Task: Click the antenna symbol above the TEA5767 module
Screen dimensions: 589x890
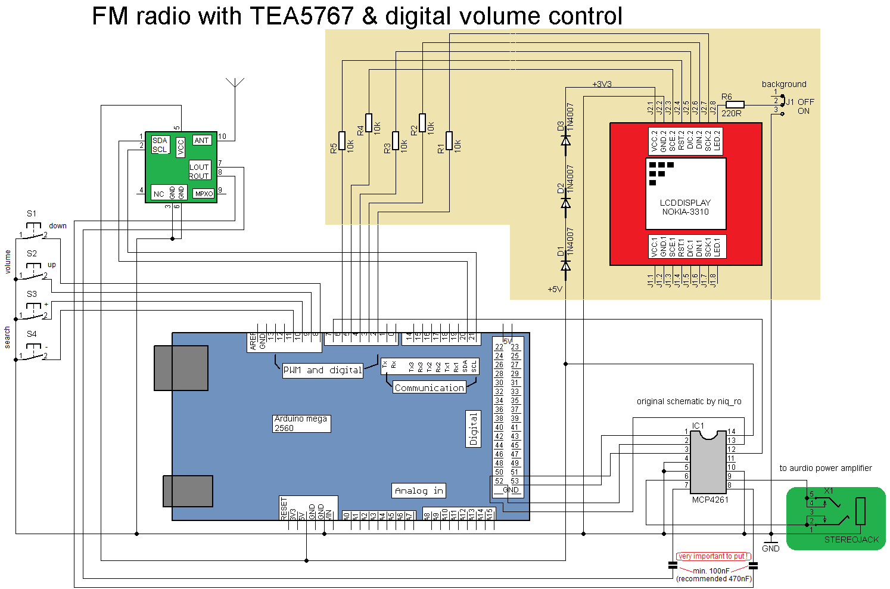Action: point(235,83)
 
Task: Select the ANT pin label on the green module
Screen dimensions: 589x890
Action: point(201,141)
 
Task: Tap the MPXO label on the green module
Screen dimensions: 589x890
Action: point(204,194)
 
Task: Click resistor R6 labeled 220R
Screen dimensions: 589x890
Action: point(735,105)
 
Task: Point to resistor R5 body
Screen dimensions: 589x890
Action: point(342,141)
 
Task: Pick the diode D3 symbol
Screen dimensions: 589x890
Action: point(566,140)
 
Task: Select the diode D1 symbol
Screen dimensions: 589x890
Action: point(566,265)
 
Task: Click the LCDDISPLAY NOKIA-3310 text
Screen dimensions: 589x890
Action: point(685,207)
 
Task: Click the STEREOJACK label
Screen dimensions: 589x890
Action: point(851,540)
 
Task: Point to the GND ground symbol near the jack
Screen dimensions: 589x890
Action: point(771,541)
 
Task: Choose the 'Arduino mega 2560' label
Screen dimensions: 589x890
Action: point(301,423)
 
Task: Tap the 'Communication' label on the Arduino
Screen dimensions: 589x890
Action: point(429,387)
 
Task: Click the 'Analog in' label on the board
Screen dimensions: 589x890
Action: point(419,491)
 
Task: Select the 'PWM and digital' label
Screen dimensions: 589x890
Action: point(322,370)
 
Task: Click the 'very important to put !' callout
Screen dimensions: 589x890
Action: point(713,556)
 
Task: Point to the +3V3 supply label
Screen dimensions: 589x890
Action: point(602,84)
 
